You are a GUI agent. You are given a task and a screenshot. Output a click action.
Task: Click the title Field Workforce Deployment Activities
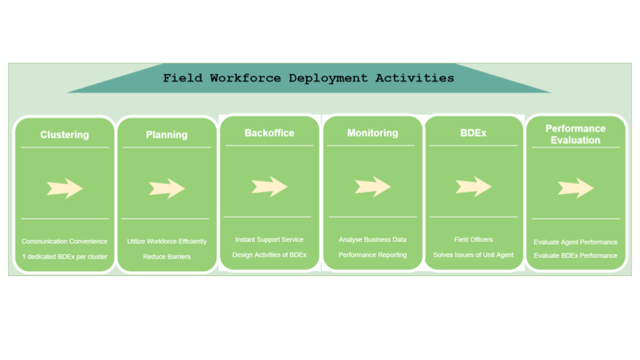pyautogui.click(x=309, y=78)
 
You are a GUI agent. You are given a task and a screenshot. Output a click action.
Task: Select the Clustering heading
pyautogui.click(x=65, y=135)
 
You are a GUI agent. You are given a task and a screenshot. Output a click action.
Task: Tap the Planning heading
pyautogui.click(x=167, y=135)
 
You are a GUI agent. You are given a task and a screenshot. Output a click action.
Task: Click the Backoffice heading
pyautogui.click(x=269, y=133)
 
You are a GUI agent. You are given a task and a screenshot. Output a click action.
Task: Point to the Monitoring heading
pyautogui.click(x=373, y=133)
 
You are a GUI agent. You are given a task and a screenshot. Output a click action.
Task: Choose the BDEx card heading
pyautogui.click(x=473, y=133)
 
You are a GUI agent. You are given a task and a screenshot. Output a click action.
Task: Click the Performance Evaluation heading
pyautogui.click(x=575, y=134)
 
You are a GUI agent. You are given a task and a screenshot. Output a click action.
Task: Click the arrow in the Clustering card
pyautogui.click(x=65, y=189)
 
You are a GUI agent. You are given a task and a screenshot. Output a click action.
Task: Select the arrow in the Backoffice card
pyautogui.click(x=269, y=187)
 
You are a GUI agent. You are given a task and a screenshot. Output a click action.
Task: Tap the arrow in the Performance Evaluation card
pyautogui.click(x=575, y=188)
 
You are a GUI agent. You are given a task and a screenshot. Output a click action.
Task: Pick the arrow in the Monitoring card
pyautogui.click(x=373, y=187)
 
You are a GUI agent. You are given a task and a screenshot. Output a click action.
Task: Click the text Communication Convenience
pyautogui.click(x=65, y=241)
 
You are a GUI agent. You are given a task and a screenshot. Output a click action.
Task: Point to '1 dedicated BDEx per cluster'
pyautogui.click(x=65, y=256)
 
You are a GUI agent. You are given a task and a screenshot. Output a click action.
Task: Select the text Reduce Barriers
pyautogui.click(x=167, y=256)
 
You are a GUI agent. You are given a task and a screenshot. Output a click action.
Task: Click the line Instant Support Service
pyautogui.click(x=269, y=239)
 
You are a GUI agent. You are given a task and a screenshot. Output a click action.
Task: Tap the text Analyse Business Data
pyautogui.click(x=373, y=239)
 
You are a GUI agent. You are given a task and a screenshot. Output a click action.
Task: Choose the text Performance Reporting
pyautogui.click(x=373, y=255)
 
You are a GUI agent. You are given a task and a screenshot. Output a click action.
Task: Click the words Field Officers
pyautogui.click(x=473, y=239)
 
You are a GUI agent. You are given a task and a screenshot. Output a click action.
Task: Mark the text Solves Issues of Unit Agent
pyautogui.click(x=473, y=255)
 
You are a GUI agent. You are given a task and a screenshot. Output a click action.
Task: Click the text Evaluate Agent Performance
pyautogui.click(x=575, y=242)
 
